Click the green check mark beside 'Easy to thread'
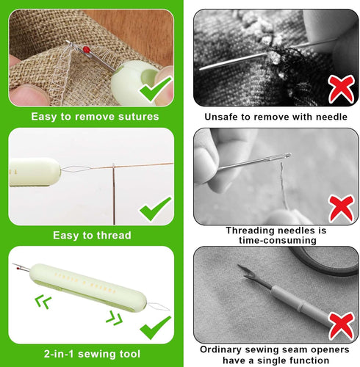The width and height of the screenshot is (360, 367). (155, 209)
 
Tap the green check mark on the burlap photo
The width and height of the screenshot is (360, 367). (155, 90)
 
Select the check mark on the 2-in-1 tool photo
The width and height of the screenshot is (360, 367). (156, 325)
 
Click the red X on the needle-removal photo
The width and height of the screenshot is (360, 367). (340, 89)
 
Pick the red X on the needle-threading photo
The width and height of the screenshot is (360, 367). (340, 208)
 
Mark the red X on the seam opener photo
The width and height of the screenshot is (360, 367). (339, 325)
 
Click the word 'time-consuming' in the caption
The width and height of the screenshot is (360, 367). (276, 240)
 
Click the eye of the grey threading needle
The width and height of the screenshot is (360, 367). (287, 156)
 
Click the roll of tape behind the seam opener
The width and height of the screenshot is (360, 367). (323, 259)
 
